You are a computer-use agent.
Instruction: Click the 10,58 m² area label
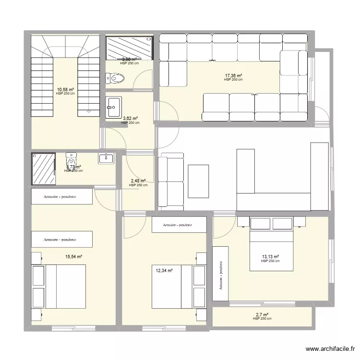65,89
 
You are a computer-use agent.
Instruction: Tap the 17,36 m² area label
233,76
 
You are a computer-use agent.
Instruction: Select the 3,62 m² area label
130,119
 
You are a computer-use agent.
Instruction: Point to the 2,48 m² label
138,181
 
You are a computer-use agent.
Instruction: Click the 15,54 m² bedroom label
74,257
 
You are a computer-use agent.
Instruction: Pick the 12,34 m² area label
163,271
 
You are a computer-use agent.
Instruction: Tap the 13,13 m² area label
270,257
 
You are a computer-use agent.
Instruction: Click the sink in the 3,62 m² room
114,107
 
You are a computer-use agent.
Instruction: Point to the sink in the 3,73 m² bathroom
106,158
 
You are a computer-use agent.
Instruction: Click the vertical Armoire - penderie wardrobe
221,275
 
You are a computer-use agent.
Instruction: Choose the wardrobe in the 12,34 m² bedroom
179,225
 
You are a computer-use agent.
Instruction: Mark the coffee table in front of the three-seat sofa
198,181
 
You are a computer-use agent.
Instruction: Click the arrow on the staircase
87,111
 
